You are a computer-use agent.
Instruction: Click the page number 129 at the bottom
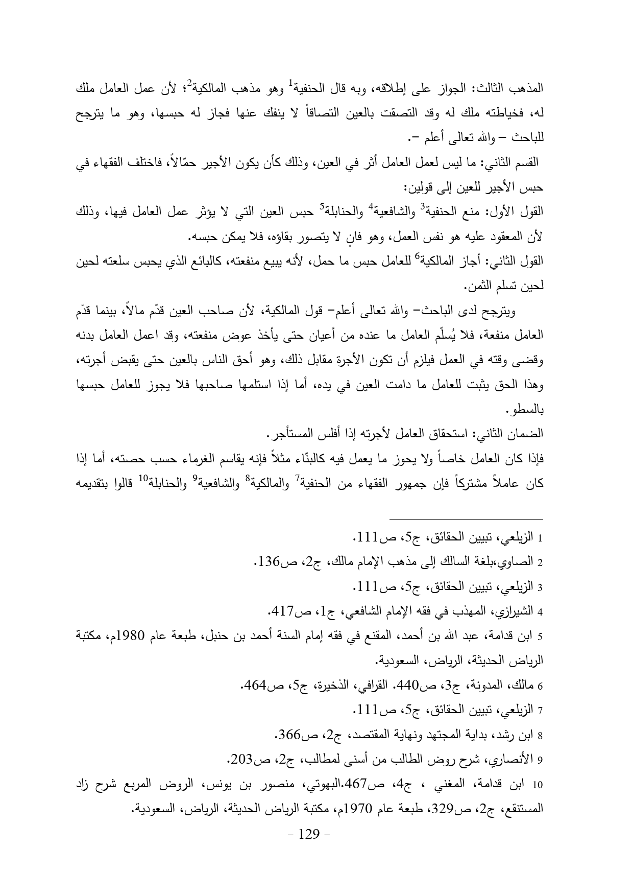308,835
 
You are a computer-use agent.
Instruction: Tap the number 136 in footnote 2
266,562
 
